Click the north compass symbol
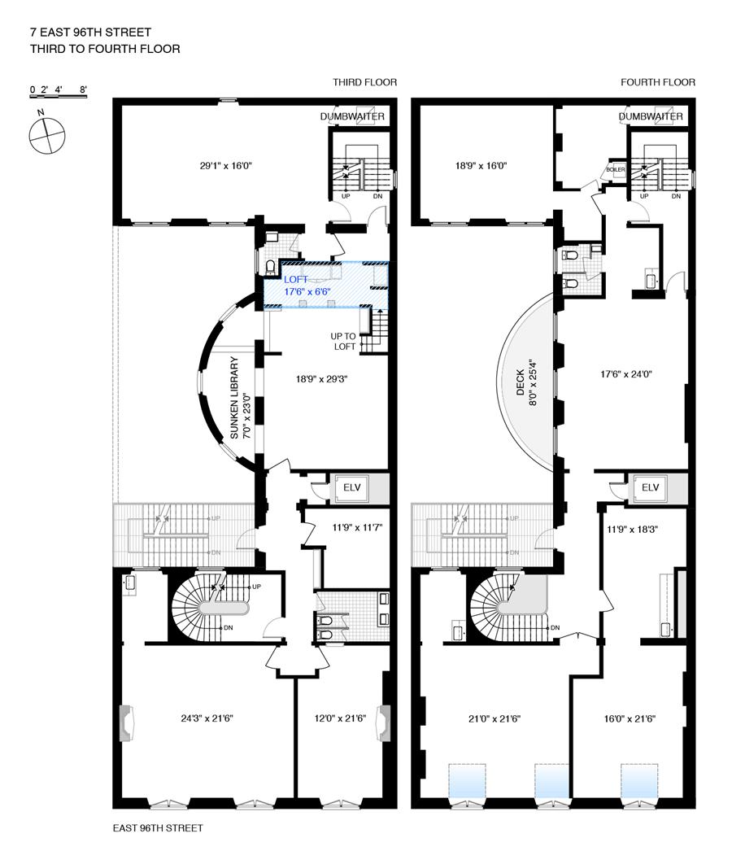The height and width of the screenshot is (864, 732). (x=46, y=134)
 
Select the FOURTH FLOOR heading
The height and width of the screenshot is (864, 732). (x=658, y=82)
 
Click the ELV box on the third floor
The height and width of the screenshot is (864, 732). (x=351, y=487)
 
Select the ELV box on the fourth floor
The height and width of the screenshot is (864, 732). (x=650, y=487)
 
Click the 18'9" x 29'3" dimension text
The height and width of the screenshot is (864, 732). (x=325, y=378)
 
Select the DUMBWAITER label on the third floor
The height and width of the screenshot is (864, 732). (x=351, y=117)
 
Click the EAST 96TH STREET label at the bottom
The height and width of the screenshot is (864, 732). (x=157, y=828)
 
